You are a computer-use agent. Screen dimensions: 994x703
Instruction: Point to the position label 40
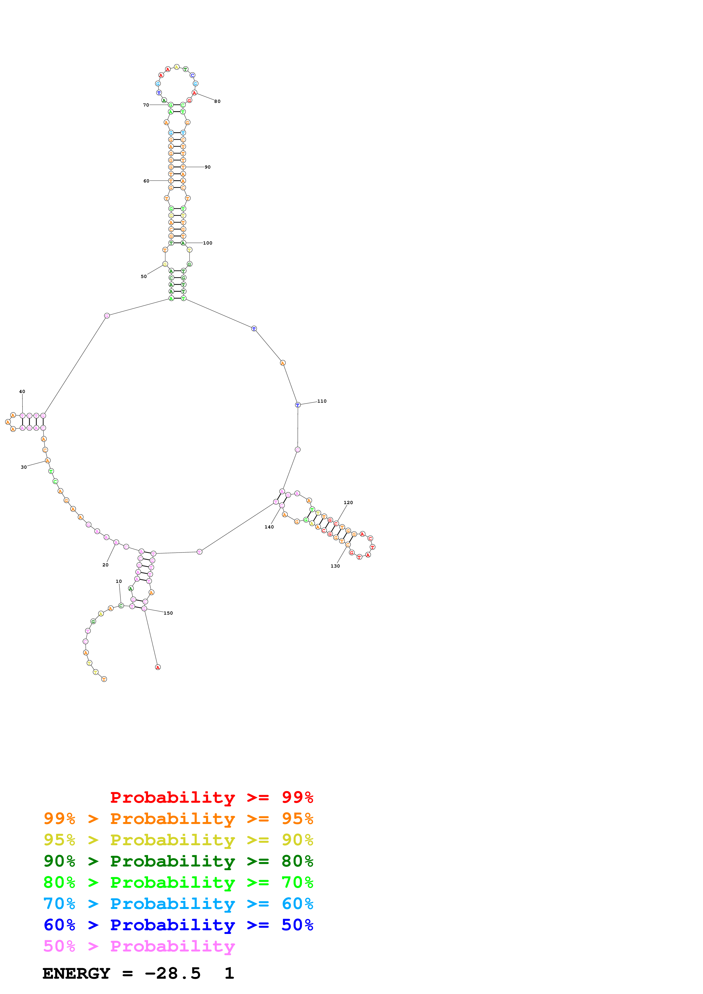pyautogui.click(x=22, y=391)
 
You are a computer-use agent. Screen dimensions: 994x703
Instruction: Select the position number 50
pyautogui.click(x=144, y=276)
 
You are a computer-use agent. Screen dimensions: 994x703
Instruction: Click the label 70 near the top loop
pyautogui.click(x=146, y=105)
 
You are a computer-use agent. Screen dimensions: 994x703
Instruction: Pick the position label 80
pyautogui.click(x=218, y=101)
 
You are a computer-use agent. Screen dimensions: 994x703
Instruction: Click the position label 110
pyautogui.click(x=322, y=401)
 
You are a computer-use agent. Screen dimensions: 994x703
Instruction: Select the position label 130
pyautogui.click(x=335, y=566)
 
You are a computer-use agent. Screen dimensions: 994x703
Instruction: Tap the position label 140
pyautogui.click(x=269, y=527)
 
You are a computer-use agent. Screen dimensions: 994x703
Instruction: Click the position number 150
pyautogui.click(x=168, y=613)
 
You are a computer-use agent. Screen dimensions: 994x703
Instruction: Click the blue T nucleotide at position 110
pyautogui.click(x=297, y=405)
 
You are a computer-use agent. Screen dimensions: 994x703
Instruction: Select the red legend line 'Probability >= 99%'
pyautogui.click(x=211, y=797)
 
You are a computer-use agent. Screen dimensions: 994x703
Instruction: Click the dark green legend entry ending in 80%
pyautogui.click(x=178, y=861)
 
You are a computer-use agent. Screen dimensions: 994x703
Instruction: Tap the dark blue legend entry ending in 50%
pyautogui.click(x=178, y=925)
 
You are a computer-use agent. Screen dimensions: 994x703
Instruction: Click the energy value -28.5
pyautogui.click(x=172, y=974)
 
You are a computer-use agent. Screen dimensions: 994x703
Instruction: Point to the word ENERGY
pyautogui.click(x=76, y=974)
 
